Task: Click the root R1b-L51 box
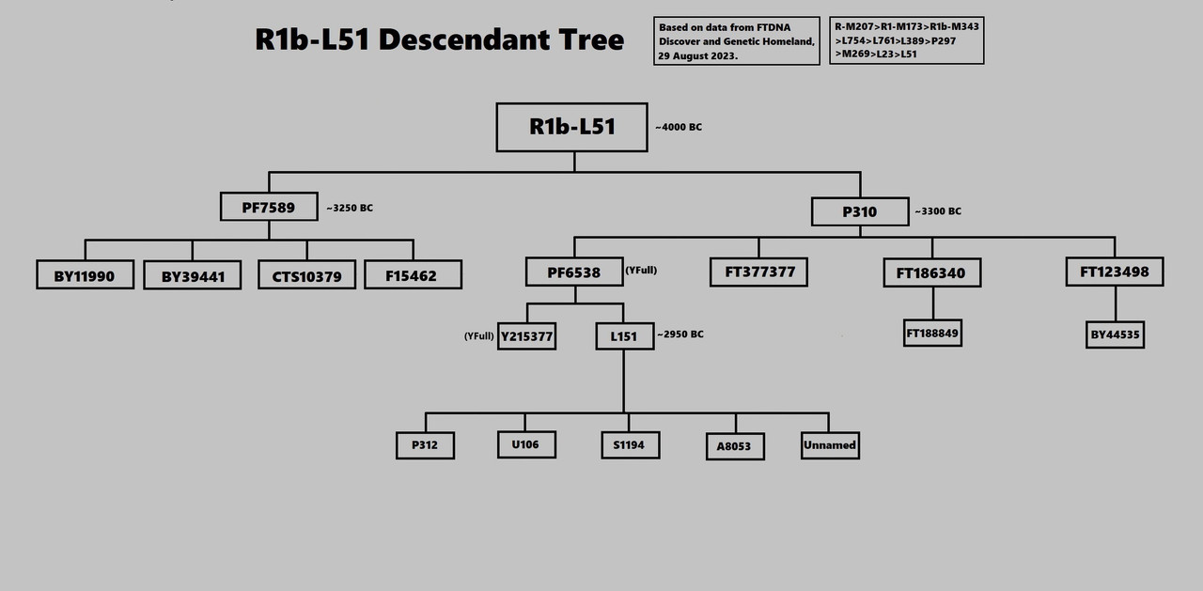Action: coord(571,127)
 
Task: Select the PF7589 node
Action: coord(268,207)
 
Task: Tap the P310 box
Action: coord(860,212)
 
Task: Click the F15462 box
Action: coord(414,274)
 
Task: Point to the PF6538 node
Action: coord(573,272)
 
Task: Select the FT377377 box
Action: coord(758,272)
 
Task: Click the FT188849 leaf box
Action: coord(932,334)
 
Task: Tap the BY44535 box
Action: coord(1115,334)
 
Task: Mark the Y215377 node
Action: coord(526,335)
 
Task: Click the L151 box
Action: coord(624,335)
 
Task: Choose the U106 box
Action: coord(526,444)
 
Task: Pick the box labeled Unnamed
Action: coord(830,444)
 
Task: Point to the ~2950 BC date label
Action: coord(680,334)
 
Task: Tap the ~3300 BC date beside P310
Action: coord(938,211)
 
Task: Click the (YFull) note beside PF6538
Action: coord(641,271)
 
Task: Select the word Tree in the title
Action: coord(585,40)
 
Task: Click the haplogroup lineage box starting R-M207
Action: coord(907,40)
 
